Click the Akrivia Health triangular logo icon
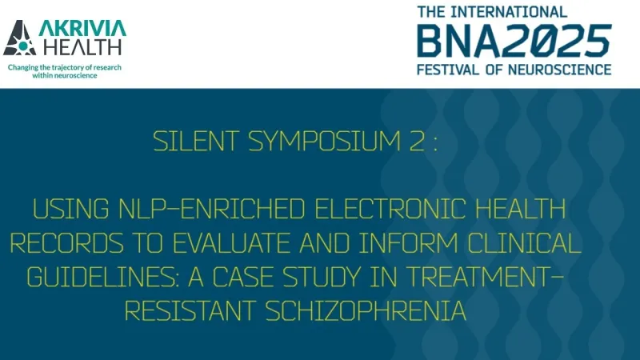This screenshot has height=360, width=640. (x=20, y=38)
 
